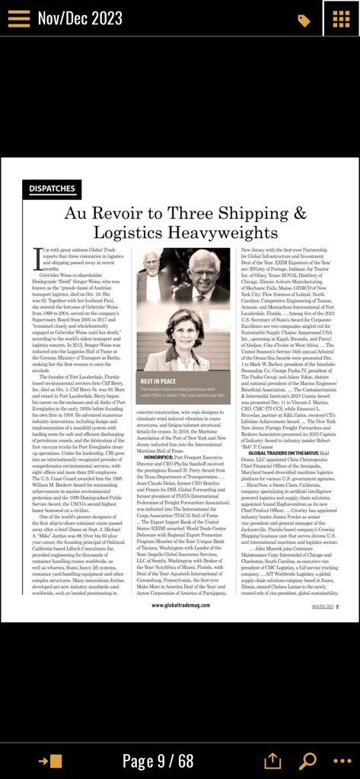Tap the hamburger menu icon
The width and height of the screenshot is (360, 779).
[x=19, y=18]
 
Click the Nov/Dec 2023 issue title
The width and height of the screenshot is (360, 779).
[x=80, y=18]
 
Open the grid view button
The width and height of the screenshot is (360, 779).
[x=341, y=18]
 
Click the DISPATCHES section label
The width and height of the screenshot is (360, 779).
[x=53, y=188]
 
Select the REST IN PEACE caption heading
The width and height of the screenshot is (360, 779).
[x=158, y=380]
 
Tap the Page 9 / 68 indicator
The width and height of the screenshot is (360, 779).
[x=158, y=760]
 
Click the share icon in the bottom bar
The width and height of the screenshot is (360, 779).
[x=272, y=761]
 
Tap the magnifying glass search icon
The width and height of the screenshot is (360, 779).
[x=307, y=761]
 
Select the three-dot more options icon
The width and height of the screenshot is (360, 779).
[x=341, y=761]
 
